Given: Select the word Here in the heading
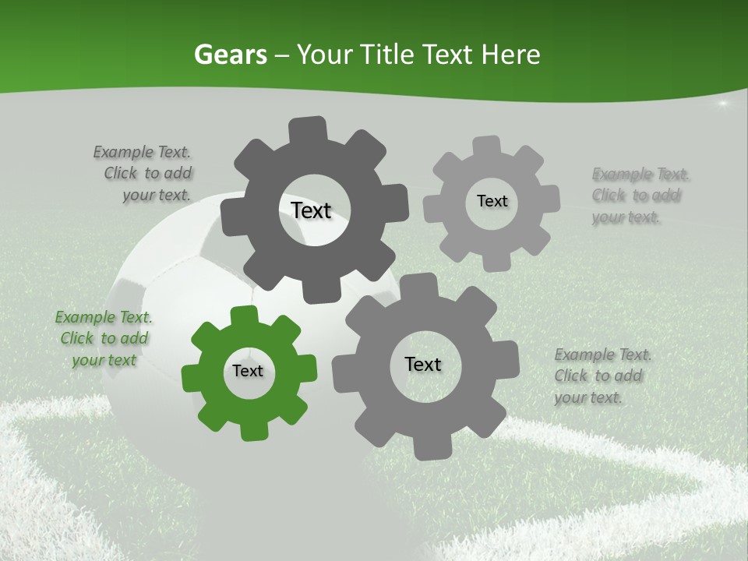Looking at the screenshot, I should [511, 55].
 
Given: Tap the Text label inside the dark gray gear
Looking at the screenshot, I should [311, 210].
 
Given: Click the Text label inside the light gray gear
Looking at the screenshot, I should [492, 201].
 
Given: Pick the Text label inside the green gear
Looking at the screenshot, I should [248, 371].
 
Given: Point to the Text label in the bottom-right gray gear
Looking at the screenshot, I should [422, 364].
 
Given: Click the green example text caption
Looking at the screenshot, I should [103, 338].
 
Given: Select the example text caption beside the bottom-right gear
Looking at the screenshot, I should [602, 376].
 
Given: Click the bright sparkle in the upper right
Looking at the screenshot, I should [722, 103].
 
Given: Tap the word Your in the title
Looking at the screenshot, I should [320, 55].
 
